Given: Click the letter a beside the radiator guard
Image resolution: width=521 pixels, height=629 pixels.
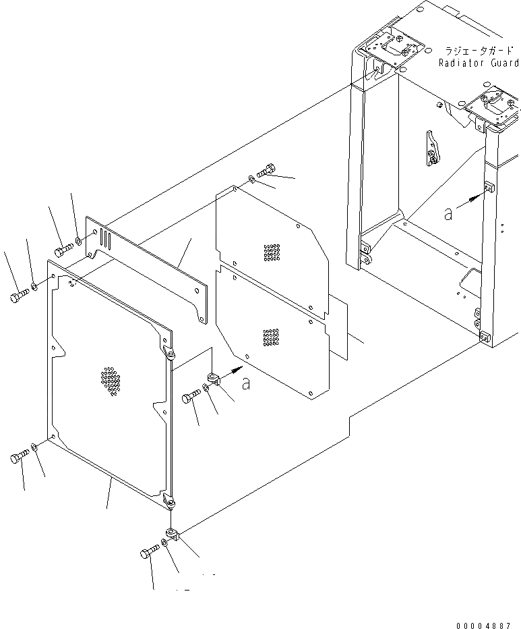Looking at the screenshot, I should click(449, 213).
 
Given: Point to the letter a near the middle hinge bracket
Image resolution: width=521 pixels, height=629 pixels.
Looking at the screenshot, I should click(246, 383).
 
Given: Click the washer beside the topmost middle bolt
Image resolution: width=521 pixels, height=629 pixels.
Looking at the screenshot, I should click(251, 179).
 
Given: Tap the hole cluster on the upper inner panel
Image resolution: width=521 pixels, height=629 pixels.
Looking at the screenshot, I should click(271, 251).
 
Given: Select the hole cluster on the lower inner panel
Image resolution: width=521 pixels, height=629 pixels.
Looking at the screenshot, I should click(271, 337).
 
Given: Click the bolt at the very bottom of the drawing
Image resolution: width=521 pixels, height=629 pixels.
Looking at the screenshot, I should click(149, 554).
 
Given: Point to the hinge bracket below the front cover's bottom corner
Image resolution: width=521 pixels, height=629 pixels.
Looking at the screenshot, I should click(173, 535).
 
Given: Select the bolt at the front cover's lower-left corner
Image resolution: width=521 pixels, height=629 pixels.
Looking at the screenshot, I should click(19, 458).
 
